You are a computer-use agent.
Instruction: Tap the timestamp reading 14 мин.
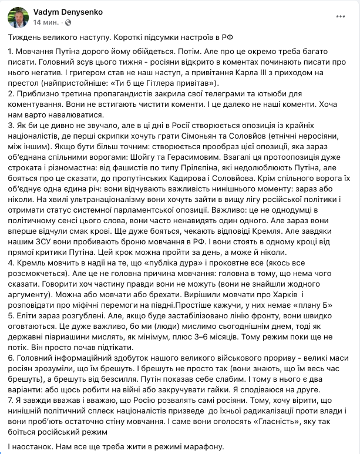click(47, 22)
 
